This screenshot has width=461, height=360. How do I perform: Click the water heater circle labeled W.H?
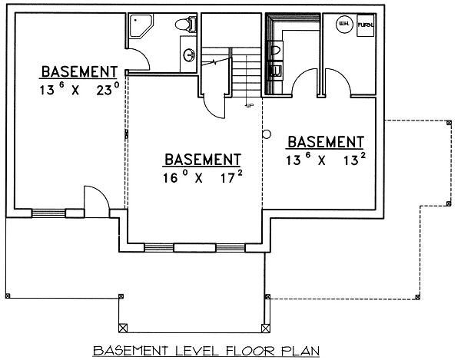(342, 25)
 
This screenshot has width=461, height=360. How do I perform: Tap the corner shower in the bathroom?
(140, 25)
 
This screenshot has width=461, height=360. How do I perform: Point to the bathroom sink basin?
(188, 54)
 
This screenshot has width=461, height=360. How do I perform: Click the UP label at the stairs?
(249, 105)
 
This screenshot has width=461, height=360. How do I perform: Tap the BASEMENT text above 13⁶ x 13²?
(325, 142)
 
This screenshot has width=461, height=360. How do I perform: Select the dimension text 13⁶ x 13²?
(325, 161)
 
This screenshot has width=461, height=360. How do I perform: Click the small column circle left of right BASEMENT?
(267, 134)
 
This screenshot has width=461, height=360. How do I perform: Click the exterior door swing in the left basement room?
(91, 197)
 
